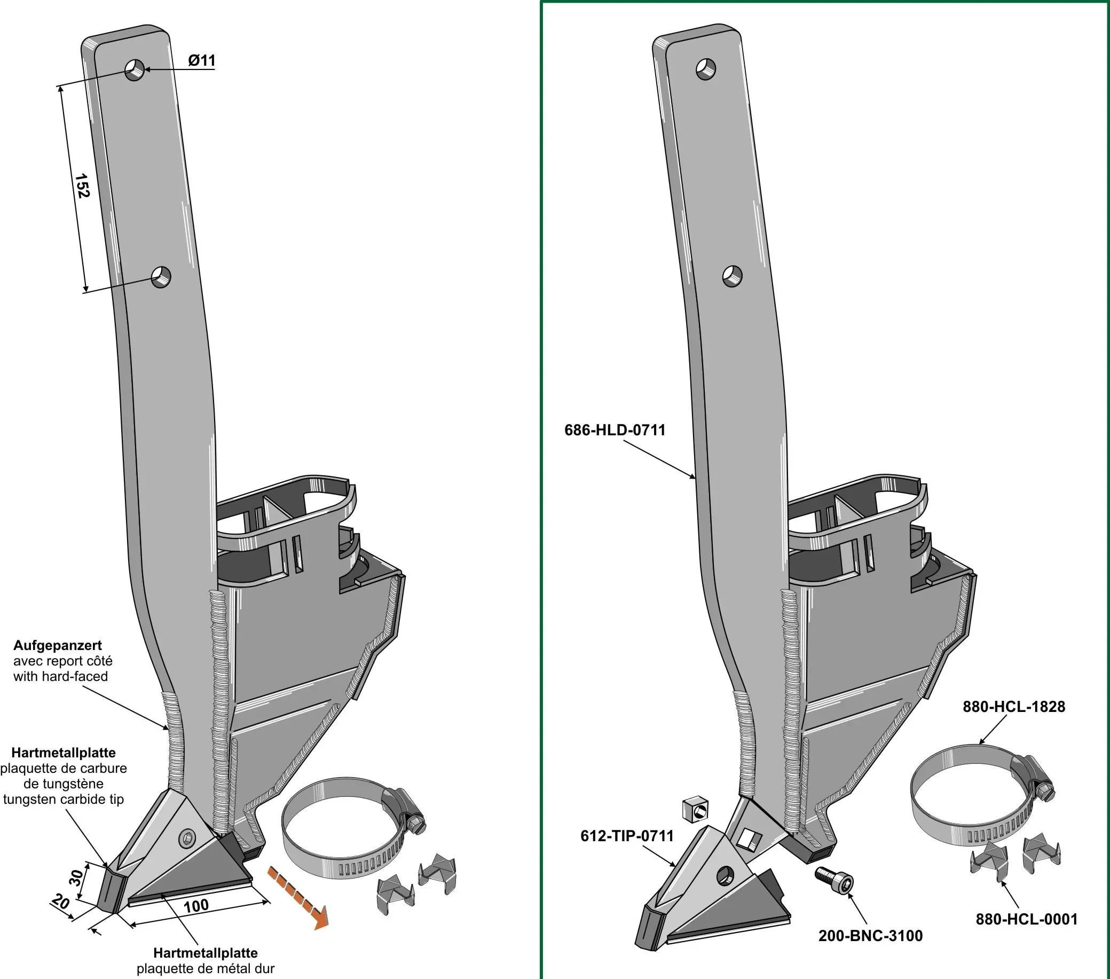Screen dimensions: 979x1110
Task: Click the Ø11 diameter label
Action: (x=201, y=60)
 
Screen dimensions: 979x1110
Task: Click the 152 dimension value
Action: (x=82, y=186)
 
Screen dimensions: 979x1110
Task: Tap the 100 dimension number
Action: (x=195, y=906)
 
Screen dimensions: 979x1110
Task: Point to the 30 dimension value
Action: (x=76, y=878)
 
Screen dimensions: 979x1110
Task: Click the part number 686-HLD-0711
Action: (x=615, y=430)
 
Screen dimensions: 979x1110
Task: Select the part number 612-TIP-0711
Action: (x=627, y=835)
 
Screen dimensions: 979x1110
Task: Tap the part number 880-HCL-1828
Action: (x=1014, y=706)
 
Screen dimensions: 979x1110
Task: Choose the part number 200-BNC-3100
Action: (x=870, y=936)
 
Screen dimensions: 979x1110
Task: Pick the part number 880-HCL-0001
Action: (x=1026, y=919)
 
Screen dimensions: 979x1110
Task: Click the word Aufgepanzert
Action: (x=58, y=645)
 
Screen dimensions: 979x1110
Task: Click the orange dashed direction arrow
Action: (x=297, y=898)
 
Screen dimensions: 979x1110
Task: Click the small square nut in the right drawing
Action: (x=696, y=810)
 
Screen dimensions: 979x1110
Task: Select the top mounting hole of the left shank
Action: (x=135, y=69)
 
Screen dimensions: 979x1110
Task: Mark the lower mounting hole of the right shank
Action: (x=733, y=276)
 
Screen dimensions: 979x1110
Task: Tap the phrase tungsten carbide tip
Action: (x=64, y=799)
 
